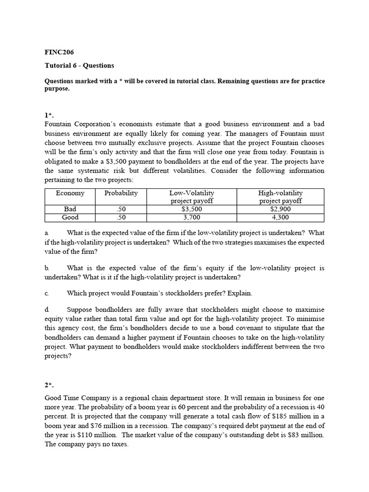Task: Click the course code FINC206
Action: click(x=59, y=52)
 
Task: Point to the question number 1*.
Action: click(x=49, y=115)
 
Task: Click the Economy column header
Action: click(x=70, y=193)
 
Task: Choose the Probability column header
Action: click(x=121, y=193)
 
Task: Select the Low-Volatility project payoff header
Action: click(x=191, y=197)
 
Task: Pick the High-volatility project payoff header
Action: click(x=281, y=197)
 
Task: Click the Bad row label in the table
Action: click(x=70, y=209)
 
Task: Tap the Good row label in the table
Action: click(x=70, y=218)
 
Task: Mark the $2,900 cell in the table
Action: click(x=281, y=209)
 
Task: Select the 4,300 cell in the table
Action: click(x=281, y=218)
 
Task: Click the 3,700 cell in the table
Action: click(x=191, y=218)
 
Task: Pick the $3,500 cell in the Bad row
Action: click(x=191, y=209)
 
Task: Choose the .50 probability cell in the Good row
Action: click(x=121, y=218)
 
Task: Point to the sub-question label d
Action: click(x=47, y=309)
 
